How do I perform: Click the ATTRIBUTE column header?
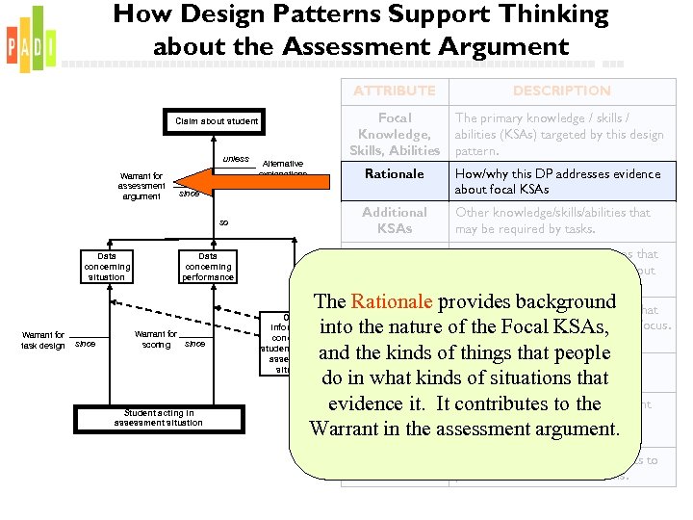click(x=394, y=91)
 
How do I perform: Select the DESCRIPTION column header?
click(x=561, y=91)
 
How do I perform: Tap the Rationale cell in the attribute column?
click(x=394, y=174)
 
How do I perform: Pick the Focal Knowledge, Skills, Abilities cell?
click(x=394, y=134)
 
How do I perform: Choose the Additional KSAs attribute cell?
click(x=394, y=220)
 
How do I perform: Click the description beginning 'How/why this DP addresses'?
click(x=557, y=182)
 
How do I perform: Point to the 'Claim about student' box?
click(x=217, y=121)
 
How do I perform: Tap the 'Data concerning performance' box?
click(x=208, y=267)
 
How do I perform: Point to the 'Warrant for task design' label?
click(x=44, y=340)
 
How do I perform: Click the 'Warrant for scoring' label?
click(x=156, y=339)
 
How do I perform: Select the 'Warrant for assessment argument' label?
click(x=141, y=186)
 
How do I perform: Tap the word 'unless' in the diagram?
click(x=236, y=159)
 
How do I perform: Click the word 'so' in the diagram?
click(x=223, y=222)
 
